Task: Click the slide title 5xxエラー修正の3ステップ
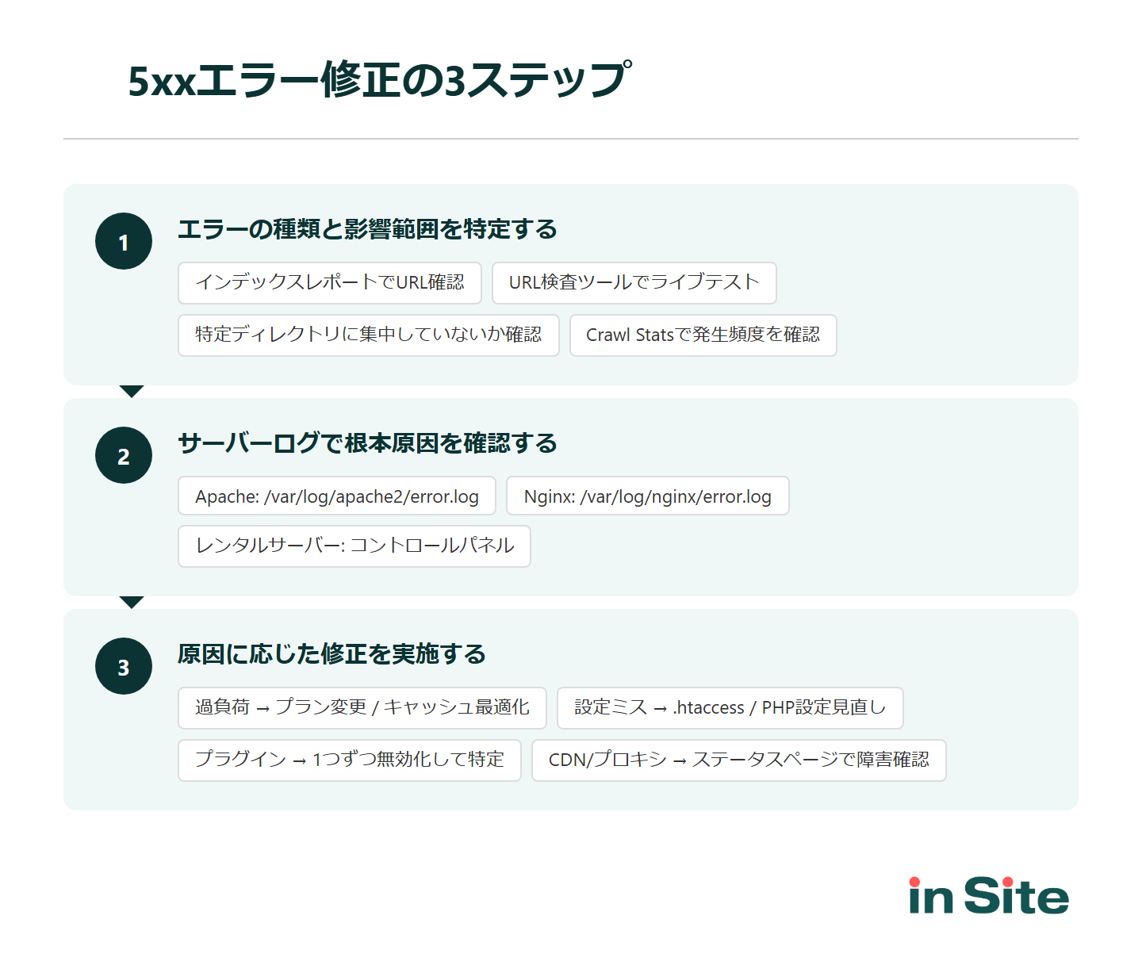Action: [x=379, y=80]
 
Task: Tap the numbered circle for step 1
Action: [x=124, y=242]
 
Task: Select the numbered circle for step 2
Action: [x=124, y=456]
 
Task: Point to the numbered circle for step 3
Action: [x=124, y=667]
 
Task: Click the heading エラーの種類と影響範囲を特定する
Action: [x=367, y=229]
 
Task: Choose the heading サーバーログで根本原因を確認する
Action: [x=367, y=443]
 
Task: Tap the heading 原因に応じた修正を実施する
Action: [x=331, y=654]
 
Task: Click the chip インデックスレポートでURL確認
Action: [x=330, y=283]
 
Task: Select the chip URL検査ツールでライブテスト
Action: [x=634, y=283]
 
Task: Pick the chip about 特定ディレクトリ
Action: [x=369, y=335]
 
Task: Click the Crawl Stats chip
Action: [x=703, y=335]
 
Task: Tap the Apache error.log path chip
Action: [x=337, y=496]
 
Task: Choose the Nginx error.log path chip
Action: [x=647, y=496]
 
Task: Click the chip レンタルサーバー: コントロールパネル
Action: [x=354, y=546]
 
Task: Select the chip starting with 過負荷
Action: [x=362, y=708]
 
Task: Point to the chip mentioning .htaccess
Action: [x=730, y=708]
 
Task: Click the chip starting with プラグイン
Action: [x=350, y=760]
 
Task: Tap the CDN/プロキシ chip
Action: [x=738, y=760]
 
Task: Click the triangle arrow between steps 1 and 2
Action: [x=132, y=391]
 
